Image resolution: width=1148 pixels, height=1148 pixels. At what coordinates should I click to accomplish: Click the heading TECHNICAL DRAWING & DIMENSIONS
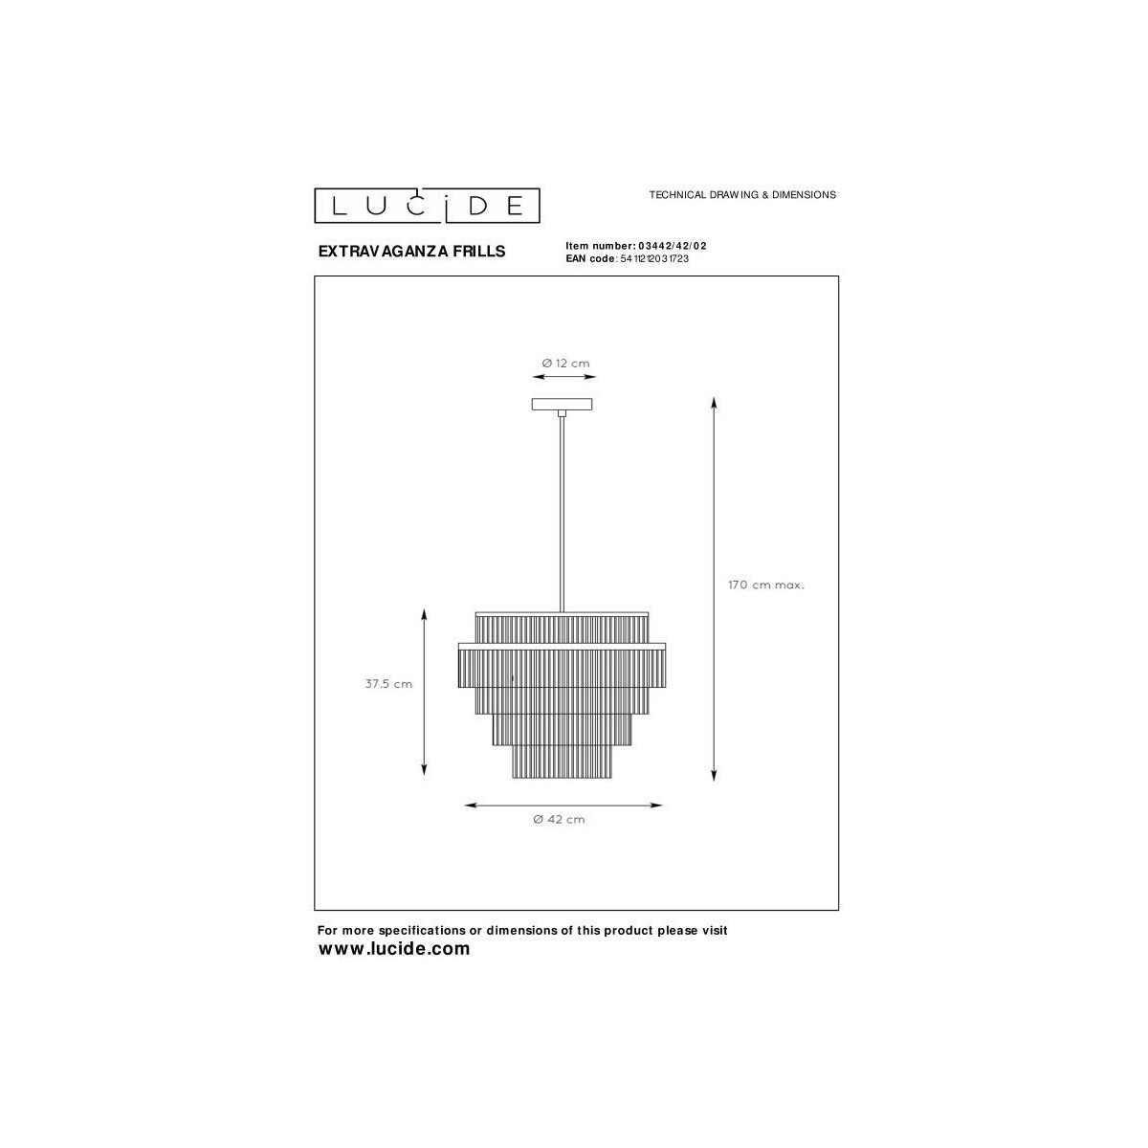(742, 195)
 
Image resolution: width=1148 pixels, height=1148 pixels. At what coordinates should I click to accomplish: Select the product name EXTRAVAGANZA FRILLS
(411, 252)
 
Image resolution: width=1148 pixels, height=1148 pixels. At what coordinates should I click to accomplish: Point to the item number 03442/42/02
(673, 246)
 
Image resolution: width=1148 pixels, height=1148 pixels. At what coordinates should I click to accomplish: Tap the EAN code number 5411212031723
(654, 258)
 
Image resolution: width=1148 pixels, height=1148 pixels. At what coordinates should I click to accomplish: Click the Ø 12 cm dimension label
(565, 363)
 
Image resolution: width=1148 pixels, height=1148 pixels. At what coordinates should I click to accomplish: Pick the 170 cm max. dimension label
(766, 585)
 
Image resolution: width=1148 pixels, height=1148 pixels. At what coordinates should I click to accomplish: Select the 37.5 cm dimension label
(388, 684)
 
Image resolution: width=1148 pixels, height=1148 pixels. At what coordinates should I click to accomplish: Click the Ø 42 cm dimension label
(559, 819)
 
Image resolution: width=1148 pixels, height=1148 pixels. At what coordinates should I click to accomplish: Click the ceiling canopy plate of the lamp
(562, 405)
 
